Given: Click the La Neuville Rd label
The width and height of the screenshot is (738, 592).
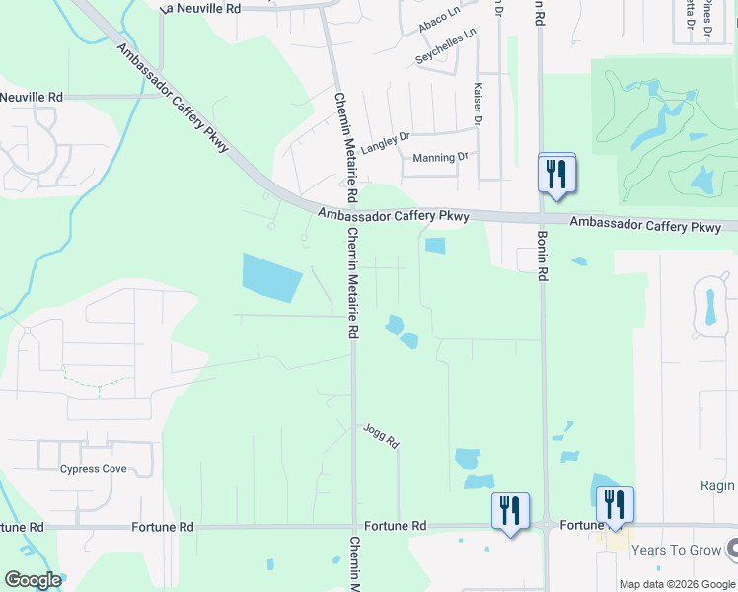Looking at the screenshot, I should pos(200,8).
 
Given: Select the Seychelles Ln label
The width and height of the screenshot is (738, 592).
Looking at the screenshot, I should pos(446,45).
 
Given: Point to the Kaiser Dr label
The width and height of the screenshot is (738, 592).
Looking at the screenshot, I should pos(478,104).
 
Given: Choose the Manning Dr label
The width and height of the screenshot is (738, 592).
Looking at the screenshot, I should pos(440,158).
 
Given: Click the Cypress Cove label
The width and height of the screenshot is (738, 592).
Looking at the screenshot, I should pos(93,469).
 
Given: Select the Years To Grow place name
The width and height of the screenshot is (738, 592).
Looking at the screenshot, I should pos(676,549).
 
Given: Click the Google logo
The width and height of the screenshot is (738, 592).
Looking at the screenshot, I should pos(33,580).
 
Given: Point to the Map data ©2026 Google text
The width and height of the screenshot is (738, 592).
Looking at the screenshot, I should pos(677,584).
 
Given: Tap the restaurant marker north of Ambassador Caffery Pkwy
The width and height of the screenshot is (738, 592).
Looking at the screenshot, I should pos(556,175).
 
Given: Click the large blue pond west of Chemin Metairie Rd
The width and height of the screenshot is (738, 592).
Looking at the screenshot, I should pos(271,276).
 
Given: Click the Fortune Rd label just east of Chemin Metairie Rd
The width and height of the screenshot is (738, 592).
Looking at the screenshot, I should pos(395,527).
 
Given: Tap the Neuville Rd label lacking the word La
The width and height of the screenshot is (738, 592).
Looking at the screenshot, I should pos(32,97).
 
